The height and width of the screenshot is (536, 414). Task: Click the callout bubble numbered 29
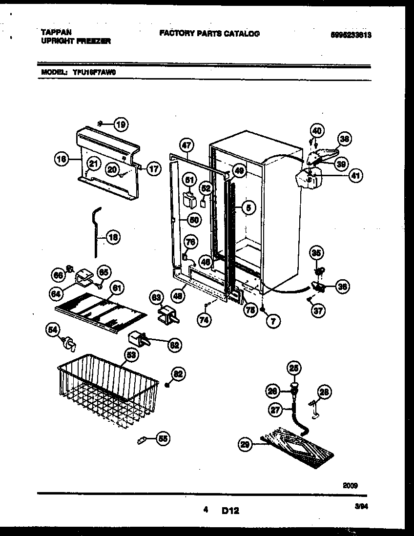coord(245,444)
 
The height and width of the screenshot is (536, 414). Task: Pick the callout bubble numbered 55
coord(163,439)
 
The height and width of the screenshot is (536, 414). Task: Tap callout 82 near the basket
coord(178,374)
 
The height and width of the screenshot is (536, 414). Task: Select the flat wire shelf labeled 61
coord(100,312)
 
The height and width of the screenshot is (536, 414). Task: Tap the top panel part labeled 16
coord(107,164)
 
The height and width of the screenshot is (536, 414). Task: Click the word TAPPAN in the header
coord(57,33)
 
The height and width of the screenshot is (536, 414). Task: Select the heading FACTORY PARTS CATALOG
coord(209,34)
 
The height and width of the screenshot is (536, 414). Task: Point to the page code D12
coord(230,511)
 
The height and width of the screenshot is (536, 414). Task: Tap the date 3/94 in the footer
coord(361,508)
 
